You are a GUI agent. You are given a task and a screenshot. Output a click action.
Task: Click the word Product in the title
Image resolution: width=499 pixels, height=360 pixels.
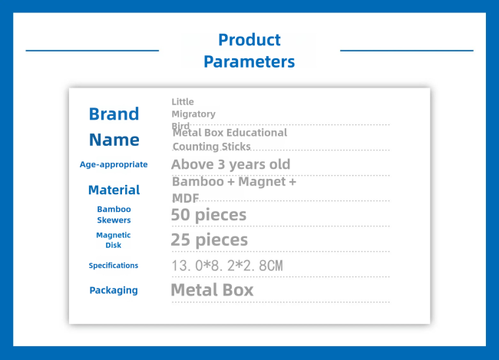coord(249,40)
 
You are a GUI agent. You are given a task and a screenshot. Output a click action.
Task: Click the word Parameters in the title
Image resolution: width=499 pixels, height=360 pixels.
coord(249,61)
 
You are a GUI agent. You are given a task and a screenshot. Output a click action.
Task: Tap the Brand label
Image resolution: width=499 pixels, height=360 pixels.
coord(114,114)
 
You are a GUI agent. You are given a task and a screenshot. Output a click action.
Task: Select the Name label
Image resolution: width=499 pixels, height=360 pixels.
coord(114,140)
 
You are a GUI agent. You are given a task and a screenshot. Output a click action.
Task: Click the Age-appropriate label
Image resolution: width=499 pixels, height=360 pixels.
coord(114,164)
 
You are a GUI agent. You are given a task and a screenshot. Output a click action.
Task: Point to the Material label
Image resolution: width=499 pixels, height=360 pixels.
coord(114,190)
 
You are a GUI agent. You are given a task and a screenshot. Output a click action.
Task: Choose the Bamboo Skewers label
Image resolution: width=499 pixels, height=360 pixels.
coord(114,214)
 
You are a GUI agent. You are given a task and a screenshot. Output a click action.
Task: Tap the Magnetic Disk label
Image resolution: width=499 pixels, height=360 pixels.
coord(114,240)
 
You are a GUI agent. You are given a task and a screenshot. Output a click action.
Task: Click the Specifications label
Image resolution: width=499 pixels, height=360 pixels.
coord(114,266)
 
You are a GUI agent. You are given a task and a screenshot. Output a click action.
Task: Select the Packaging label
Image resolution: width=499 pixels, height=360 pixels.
coord(114,290)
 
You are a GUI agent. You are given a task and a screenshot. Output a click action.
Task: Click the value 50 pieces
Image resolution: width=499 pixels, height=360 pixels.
coord(209,215)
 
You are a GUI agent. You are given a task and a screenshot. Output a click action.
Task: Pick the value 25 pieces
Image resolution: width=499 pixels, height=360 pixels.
coord(210,240)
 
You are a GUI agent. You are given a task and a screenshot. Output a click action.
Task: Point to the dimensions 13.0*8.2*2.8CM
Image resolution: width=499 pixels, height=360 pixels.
coord(227,266)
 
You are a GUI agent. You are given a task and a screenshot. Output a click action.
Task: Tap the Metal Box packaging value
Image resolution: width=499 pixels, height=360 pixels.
coord(212,290)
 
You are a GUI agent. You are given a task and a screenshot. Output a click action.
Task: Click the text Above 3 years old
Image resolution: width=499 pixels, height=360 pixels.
coord(231,164)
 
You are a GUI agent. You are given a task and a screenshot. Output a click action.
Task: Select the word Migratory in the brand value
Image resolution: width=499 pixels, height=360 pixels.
coord(193,114)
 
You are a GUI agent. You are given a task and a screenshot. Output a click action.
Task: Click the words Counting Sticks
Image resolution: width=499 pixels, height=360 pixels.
coord(212,147)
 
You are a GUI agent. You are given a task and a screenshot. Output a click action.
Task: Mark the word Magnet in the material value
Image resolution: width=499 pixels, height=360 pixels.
coord(262,182)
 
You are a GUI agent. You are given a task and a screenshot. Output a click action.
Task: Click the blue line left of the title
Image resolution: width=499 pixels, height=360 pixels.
coord(92,51)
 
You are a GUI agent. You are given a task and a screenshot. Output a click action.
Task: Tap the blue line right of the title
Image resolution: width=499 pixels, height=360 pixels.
coord(407,51)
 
